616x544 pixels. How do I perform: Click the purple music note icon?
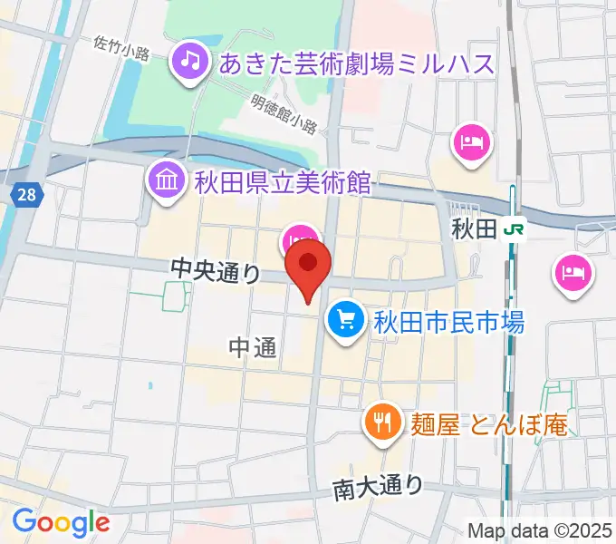click(x=189, y=61)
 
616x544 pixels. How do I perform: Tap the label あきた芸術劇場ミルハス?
click(x=358, y=63)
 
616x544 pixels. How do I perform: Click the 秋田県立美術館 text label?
click(x=283, y=182)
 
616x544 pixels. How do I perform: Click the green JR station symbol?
click(x=515, y=230)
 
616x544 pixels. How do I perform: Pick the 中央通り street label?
click(x=217, y=269)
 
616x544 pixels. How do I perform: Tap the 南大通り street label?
click(x=378, y=487)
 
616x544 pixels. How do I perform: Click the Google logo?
click(x=61, y=522)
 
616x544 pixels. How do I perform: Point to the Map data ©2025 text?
click(x=540, y=530)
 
